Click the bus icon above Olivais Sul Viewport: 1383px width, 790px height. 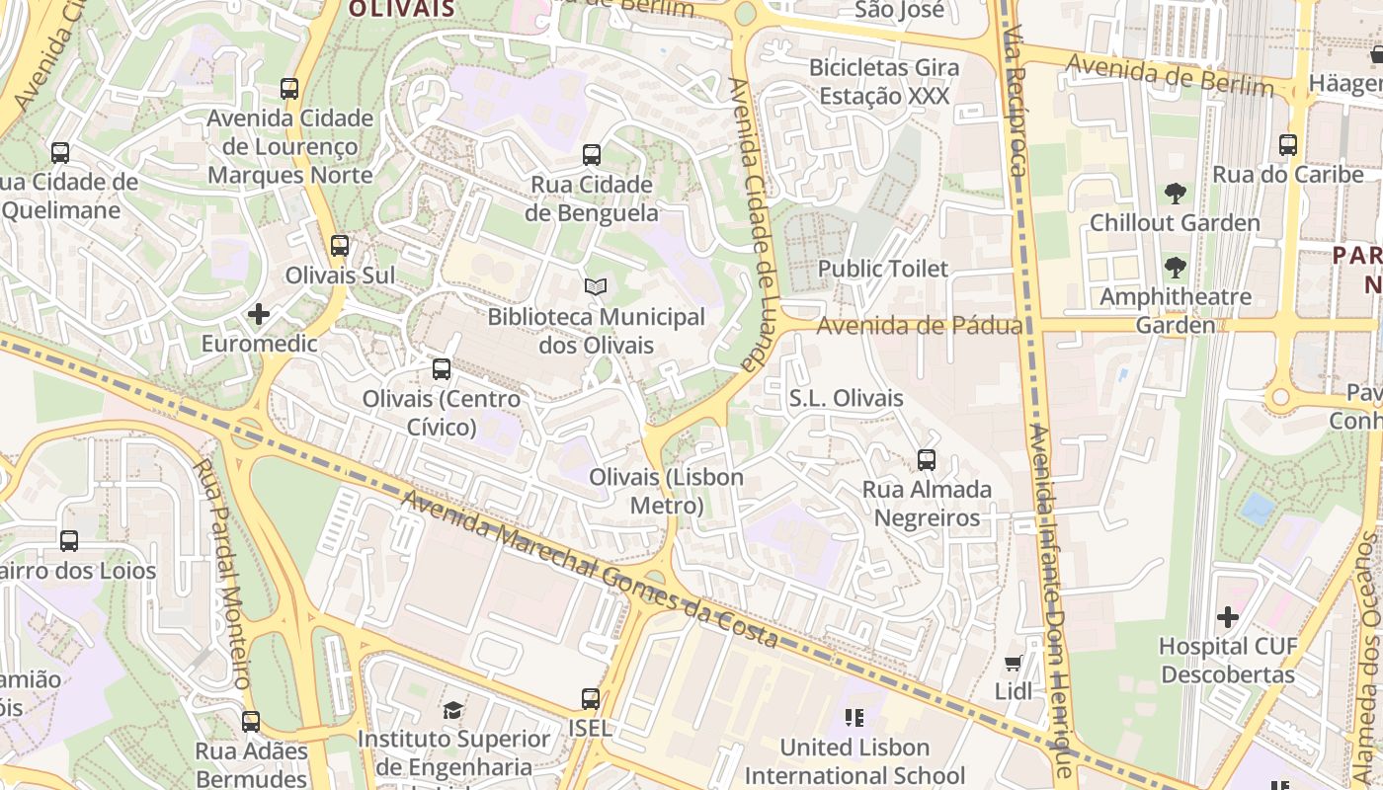tap(340, 245)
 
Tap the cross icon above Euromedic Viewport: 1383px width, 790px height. tap(259, 314)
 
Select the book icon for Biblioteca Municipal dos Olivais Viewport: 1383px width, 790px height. tap(596, 286)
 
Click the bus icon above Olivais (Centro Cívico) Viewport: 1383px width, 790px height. tap(442, 369)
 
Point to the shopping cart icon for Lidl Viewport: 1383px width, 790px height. tap(1014, 663)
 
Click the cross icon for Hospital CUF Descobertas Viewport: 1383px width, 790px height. tap(1228, 617)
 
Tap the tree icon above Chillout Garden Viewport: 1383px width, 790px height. tap(1175, 194)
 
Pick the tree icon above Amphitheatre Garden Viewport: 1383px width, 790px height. tap(1175, 267)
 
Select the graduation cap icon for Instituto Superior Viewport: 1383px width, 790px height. tap(452, 710)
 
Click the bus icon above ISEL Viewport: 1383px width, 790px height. tap(591, 699)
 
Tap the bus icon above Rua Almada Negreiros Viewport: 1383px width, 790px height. tap(927, 459)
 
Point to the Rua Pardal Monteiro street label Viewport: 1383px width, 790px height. tap(225, 573)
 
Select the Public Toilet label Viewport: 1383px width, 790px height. tap(882, 269)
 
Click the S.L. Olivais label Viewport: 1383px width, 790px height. tap(846, 398)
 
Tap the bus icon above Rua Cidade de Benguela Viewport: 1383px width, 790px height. tap(592, 155)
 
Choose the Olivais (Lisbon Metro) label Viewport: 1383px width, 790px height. tap(666, 491)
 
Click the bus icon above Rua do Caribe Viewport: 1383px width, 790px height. tap(1288, 145)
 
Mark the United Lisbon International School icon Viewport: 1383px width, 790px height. tap(854, 718)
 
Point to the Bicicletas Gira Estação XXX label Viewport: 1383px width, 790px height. tap(884, 82)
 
